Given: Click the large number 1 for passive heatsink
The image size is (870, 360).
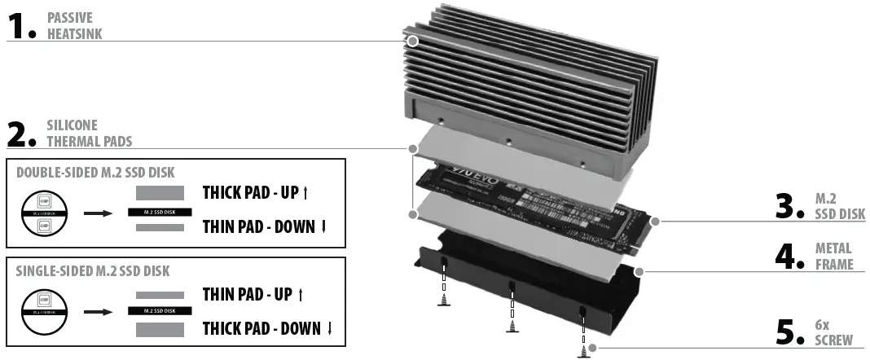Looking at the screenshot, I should click(18, 25).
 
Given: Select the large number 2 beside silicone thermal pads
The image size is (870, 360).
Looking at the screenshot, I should click(19, 134).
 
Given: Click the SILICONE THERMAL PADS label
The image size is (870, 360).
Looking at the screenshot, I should click(88, 134).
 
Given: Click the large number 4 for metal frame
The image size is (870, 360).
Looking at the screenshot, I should click(789, 257).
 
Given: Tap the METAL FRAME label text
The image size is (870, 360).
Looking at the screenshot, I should click(833, 256).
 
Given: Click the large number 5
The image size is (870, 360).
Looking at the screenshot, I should click(789, 332).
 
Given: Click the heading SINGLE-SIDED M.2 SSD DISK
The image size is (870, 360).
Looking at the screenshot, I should click(93, 271).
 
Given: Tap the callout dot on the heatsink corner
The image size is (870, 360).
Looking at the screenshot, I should click(412, 40).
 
